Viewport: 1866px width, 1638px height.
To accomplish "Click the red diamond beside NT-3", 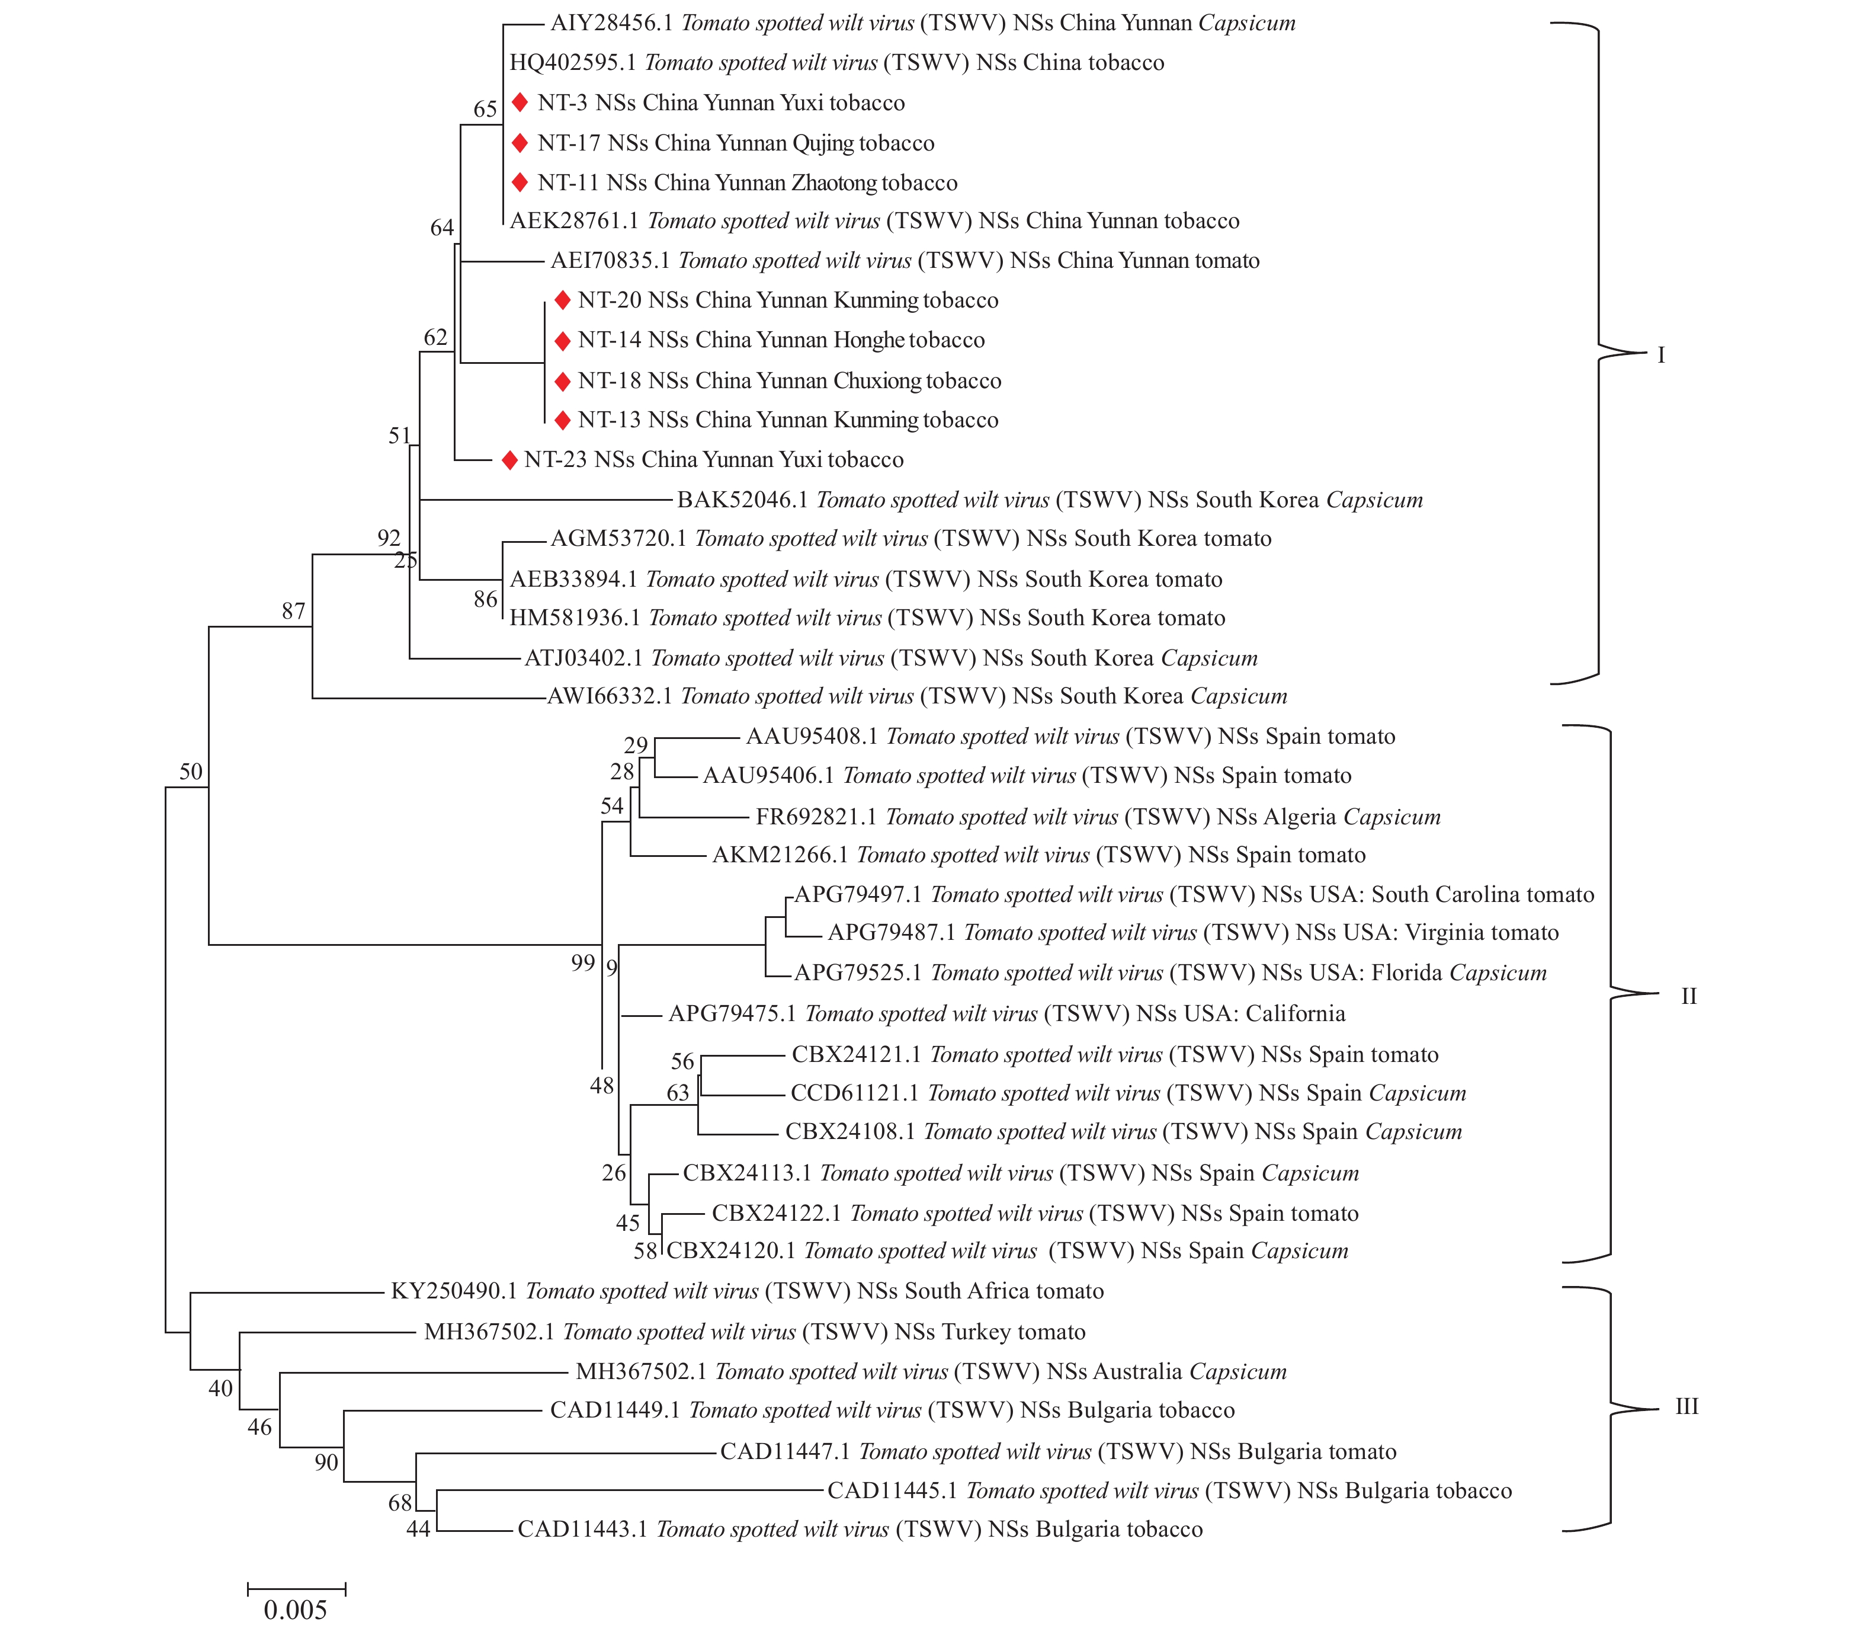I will click(520, 103).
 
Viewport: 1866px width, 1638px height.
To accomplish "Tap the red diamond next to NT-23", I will click(509, 460).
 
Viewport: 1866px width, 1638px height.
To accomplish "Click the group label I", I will click(1660, 355).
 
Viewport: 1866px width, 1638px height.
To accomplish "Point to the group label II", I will click(1688, 996).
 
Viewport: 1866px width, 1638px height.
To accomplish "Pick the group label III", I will click(1686, 1407).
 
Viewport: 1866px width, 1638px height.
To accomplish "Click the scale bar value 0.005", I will click(295, 1610).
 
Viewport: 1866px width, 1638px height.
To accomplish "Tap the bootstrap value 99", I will click(582, 963).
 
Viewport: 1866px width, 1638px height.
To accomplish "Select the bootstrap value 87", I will click(293, 612).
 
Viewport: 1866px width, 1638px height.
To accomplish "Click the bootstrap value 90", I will click(326, 1463).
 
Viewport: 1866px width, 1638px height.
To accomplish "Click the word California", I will click(1296, 1013).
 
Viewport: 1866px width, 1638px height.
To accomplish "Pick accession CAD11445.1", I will click(892, 1491).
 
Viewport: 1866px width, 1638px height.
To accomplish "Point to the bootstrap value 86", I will click(485, 600).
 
